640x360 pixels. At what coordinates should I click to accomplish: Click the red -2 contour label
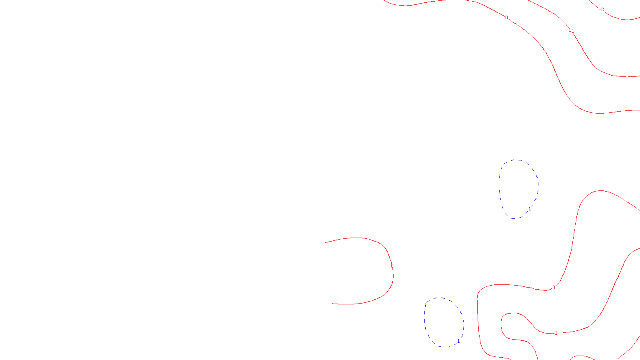(602, 10)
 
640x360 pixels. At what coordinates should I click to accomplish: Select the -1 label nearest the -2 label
(572, 31)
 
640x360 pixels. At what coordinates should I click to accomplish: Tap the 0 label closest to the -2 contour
(506, 18)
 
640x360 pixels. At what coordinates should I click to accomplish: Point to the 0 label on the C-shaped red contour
(392, 266)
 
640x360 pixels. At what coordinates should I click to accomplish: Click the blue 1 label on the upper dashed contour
(530, 209)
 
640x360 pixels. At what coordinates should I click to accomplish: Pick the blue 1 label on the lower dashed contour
(458, 341)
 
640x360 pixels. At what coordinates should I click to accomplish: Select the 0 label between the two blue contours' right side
(554, 288)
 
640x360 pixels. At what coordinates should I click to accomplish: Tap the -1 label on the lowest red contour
(555, 333)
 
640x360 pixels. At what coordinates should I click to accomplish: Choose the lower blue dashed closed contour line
(425, 320)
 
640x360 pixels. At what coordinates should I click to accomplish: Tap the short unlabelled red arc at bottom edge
(582, 356)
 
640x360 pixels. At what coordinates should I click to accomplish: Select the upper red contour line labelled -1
(592, 64)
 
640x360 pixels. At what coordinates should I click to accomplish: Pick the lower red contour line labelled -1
(612, 288)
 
